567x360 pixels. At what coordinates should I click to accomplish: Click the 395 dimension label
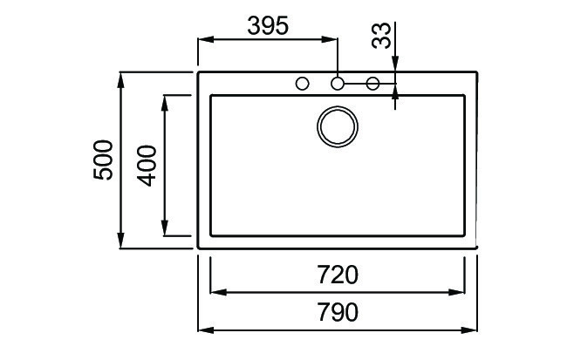click(x=267, y=26)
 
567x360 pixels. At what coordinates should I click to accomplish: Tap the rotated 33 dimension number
click(x=381, y=37)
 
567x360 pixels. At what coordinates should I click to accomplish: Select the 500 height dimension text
click(x=104, y=160)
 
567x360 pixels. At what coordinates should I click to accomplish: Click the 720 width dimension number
click(x=338, y=275)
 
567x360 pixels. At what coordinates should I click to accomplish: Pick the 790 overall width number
click(x=338, y=313)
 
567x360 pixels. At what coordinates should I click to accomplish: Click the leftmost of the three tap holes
click(x=303, y=84)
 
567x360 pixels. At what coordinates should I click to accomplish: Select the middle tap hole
click(x=338, y=84)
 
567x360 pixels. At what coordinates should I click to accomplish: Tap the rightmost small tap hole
click(x=372, y=84)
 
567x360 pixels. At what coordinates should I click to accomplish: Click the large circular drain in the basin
click(x=338, y=125)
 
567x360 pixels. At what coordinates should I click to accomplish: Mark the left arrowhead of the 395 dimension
click(x=205, y=39)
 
